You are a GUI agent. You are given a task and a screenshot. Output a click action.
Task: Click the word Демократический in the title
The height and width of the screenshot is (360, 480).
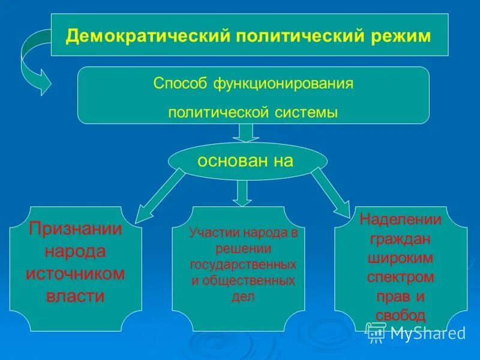click(x=146, y=35)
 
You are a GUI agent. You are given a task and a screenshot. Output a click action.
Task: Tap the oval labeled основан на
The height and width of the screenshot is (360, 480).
click(x=247, y=161)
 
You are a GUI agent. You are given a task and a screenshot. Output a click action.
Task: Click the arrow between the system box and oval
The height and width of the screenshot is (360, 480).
click(x=244, y=133)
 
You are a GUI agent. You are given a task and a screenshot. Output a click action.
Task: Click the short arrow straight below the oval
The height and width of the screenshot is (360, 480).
click(x=242, y=192)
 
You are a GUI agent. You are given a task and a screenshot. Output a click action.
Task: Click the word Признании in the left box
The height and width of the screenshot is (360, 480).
click(x=75, y=229)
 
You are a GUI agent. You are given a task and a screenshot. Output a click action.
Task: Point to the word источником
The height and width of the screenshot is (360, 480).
click(x=75, y=274)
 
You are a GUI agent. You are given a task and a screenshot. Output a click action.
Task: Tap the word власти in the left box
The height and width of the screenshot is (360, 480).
click(x=75, y=296)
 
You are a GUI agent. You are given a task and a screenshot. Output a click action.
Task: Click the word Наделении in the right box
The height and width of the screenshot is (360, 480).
click(x=400, y=219)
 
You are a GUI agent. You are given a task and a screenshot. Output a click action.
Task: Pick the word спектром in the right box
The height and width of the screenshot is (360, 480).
click(x=400, y=277)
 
